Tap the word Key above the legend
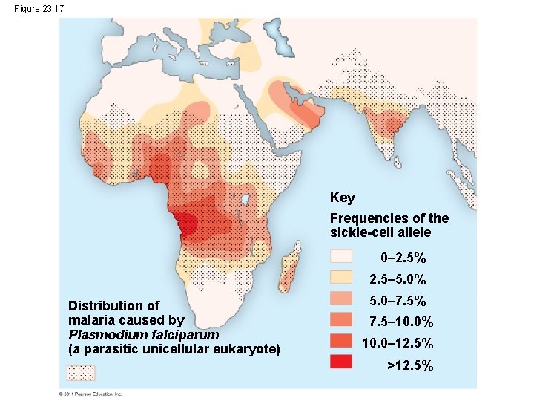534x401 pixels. tap(342, 198)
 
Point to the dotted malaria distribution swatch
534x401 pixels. tap(91, 372)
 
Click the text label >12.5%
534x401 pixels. tap(410, 365)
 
